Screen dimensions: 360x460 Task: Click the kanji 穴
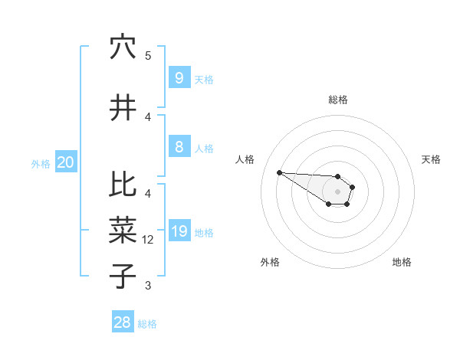pos(123,47)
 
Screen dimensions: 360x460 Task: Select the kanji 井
pos(123,108)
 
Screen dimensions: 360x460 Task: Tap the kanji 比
pos(123,184)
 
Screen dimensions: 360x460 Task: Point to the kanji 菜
pos(123,229)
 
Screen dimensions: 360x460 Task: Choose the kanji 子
pos(123,276)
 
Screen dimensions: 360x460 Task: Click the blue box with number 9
pos(179,78)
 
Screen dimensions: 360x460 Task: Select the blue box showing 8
pos(179,147)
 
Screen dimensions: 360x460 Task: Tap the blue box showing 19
pos(179,231)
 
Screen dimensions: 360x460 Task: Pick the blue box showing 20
pos(66,162)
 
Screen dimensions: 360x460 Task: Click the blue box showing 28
pos(123,322)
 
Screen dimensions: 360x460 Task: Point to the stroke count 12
pos(148,240)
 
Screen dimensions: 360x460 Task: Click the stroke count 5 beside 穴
pos(148,56)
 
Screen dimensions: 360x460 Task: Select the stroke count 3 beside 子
pos(148,286)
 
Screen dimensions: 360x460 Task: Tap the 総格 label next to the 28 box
pos(147,324)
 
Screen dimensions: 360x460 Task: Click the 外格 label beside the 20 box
pos(41,163)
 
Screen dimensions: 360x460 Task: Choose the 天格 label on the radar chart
pos(431,159)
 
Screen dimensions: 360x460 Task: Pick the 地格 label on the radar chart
pos(402,262)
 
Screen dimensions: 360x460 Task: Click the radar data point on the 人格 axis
pos(279,172)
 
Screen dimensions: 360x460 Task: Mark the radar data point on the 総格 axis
pos(337,177)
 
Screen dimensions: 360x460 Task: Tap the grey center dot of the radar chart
pos(337,191)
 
